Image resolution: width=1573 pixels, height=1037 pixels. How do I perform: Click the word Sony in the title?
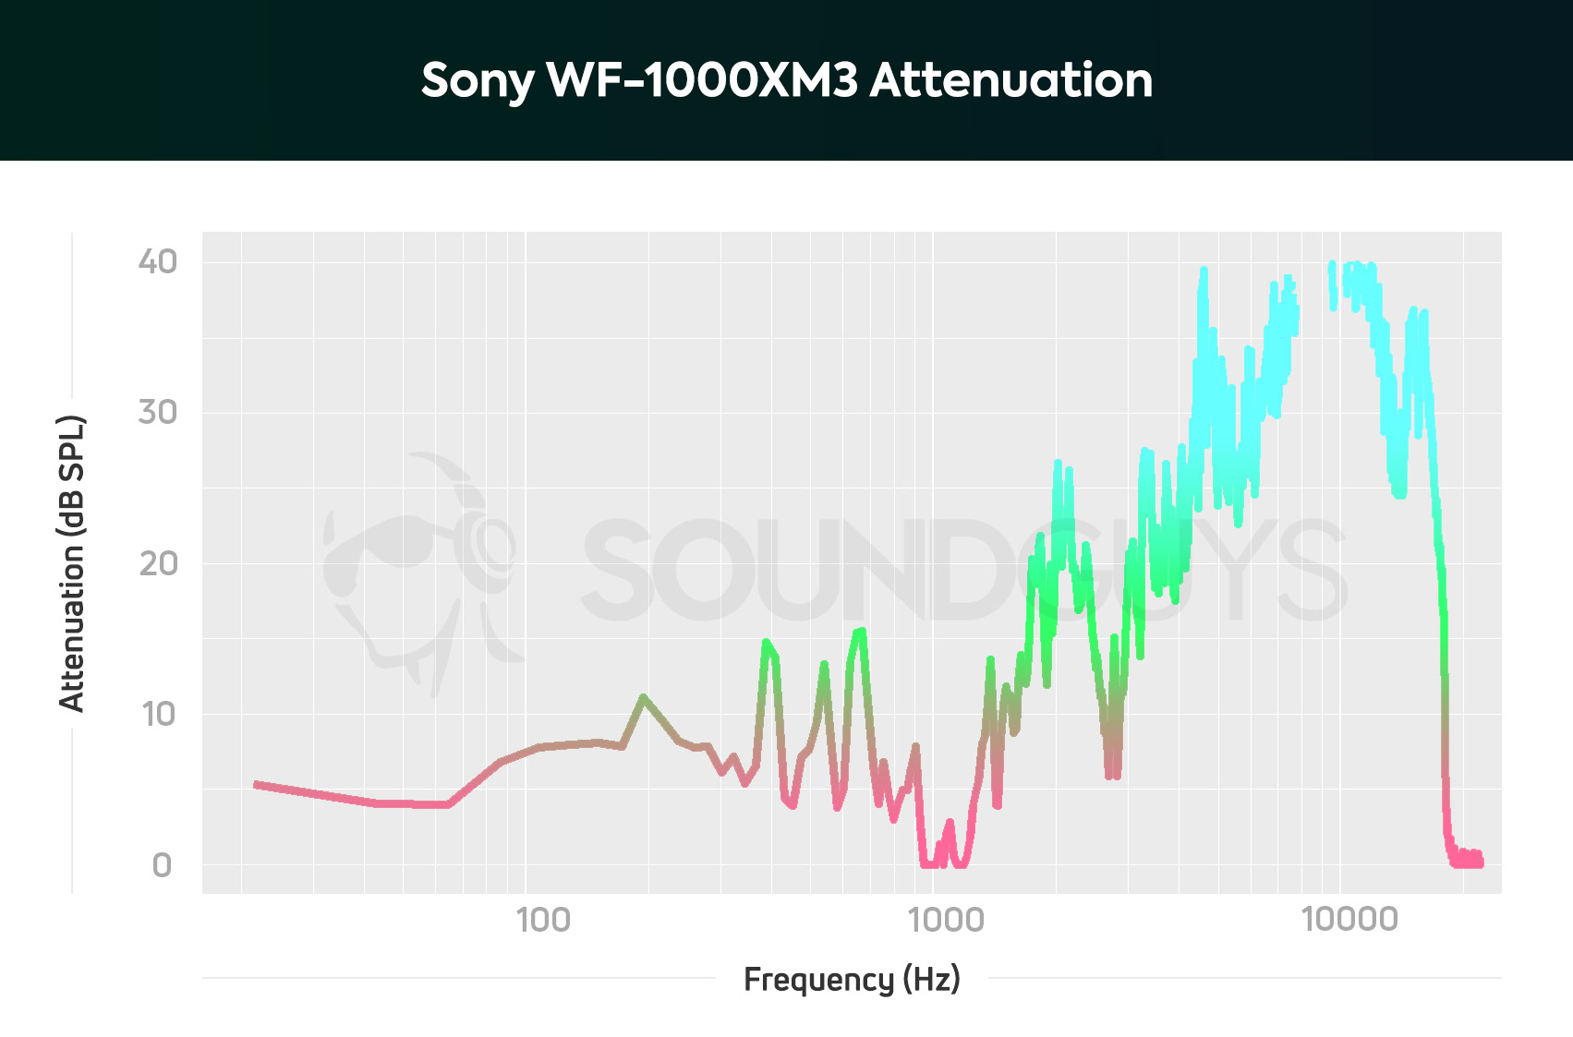[x=477, y=81]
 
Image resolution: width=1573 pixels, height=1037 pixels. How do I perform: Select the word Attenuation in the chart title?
[x=1011, y=80]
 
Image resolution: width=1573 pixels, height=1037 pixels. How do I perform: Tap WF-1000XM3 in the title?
[x=703, y=80]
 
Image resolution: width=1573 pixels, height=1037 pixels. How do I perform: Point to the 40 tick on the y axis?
[x=157, y=262]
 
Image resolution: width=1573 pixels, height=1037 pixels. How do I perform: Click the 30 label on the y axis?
[x=157, y=412]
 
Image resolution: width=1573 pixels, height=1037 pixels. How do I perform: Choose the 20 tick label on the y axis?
[x=157, y=562]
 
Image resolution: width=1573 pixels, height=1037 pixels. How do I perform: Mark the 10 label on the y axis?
[x=157, y=714]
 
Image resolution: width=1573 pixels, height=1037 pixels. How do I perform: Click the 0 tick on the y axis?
[x=162, y=865]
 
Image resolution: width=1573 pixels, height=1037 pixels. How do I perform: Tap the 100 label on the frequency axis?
[x=543, y=920]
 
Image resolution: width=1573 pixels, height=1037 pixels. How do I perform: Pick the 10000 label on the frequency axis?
[x=1349, y=920]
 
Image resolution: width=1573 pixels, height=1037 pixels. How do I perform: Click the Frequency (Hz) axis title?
[x=852, y=979]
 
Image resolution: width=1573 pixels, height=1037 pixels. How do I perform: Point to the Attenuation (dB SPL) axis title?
[x=72, y=563]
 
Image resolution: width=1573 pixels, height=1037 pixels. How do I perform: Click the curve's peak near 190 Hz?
[x=643, y=696]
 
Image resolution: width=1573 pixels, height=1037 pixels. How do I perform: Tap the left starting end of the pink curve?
[x=257, y=784]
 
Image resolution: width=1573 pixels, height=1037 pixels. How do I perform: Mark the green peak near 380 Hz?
[x=766, y=641]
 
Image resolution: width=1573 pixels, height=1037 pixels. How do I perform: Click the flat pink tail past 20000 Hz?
[x=1469, y=861]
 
